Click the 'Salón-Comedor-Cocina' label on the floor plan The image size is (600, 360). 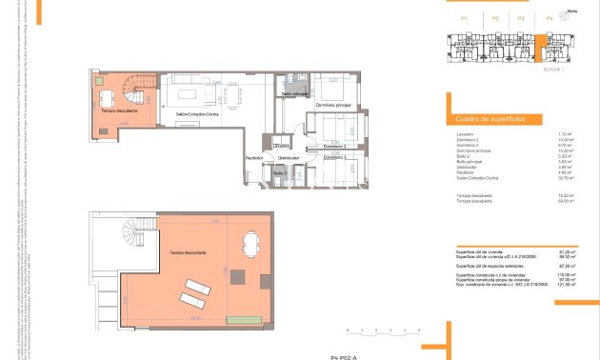coord(198,112)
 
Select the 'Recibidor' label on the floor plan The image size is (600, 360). coord(254,156)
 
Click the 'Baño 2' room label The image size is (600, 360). coord(281,172)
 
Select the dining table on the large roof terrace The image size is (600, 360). coord(250,243)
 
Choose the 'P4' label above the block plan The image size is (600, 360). coord(550,19)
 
